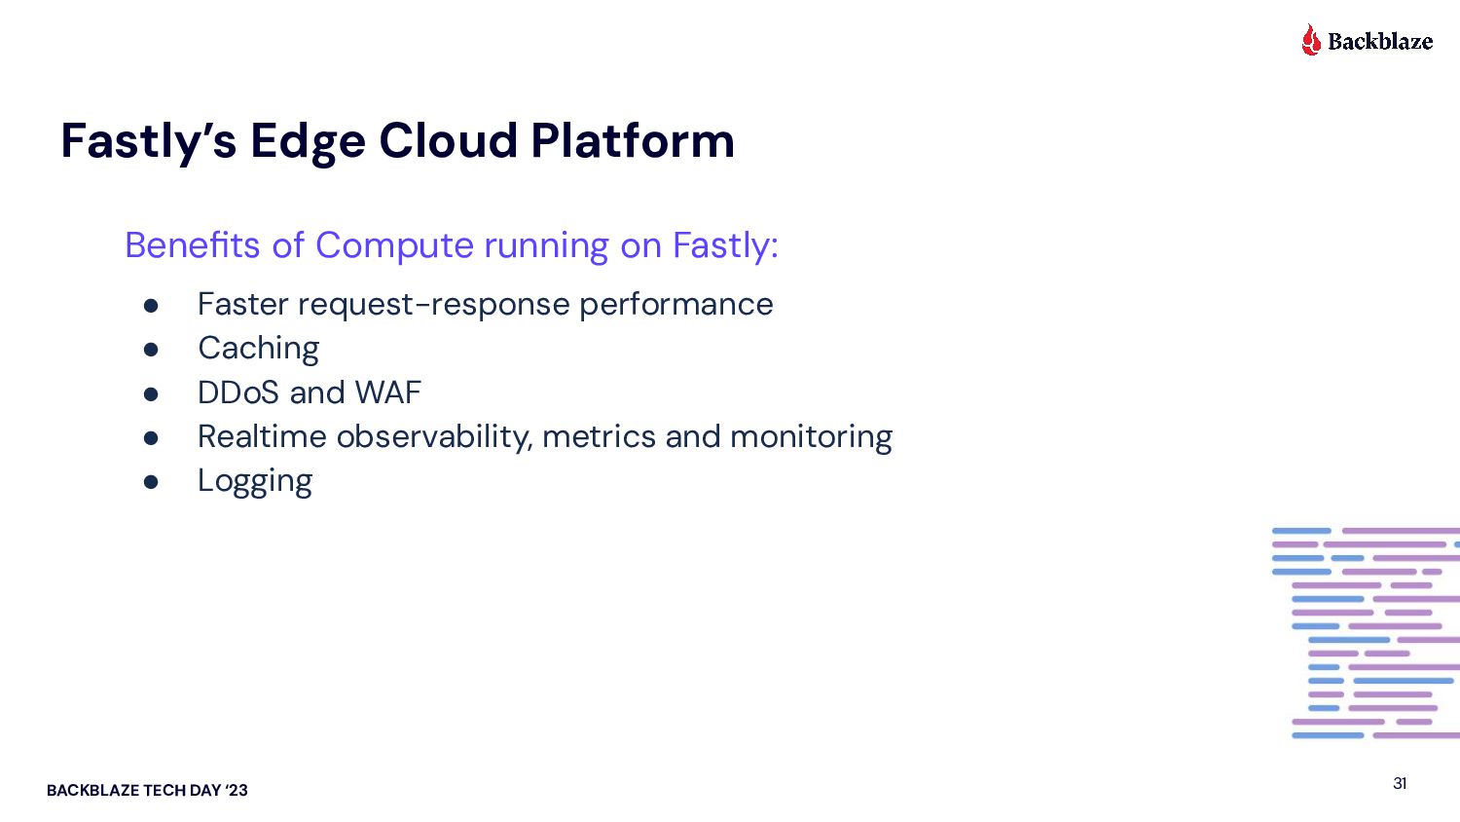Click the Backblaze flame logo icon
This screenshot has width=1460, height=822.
[x=1311, y=40]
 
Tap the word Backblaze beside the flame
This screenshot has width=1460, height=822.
[x=1380, y=41]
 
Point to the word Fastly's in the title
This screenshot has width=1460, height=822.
[x=148, y=142]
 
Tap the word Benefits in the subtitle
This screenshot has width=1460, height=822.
[x=193, y=245]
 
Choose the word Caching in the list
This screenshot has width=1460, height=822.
[x=258, y=349]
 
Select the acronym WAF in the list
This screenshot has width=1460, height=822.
[x=387, y=392]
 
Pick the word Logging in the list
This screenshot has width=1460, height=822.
[x=255, y=481]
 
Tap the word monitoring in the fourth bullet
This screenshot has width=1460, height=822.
[x=811, y=437]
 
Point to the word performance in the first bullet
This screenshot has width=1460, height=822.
[x=675, y=305]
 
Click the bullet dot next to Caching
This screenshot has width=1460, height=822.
[x=151, y=350]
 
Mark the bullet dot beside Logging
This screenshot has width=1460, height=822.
[x=151, y=482]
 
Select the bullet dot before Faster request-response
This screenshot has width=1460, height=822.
[x=151, y=306]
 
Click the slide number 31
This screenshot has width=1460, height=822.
[x=1400, y=783]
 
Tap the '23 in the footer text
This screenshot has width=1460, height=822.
[x=237, y=790]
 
